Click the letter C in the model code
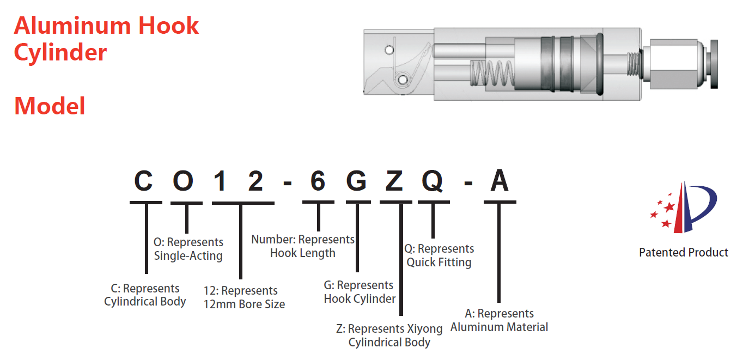144,182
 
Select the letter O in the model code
184,182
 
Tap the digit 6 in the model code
318,182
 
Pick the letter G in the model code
356,182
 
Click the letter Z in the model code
394,182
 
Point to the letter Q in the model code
433,182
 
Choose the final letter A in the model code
499,182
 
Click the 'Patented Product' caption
683,253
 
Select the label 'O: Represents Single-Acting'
188,249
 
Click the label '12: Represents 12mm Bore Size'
244,297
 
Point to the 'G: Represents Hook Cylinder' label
360,292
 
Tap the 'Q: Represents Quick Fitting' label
439,255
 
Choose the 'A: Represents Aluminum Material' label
499,320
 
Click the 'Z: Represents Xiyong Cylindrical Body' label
389,335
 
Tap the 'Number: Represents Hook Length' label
303,246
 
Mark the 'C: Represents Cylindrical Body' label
145,295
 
